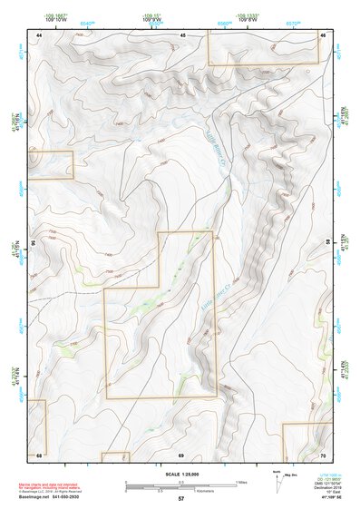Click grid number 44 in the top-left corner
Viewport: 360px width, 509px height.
[x=39, y=34]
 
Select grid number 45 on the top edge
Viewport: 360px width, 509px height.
[x=181, y=34]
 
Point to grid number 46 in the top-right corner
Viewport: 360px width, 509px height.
[x=322, y=34]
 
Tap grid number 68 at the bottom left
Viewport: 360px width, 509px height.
[x=39, y=454]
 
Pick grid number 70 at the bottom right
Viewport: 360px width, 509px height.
[x=323, y=454]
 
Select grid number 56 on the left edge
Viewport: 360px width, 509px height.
[x=33, y=243]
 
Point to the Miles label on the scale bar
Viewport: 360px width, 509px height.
[x=241, y=481]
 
